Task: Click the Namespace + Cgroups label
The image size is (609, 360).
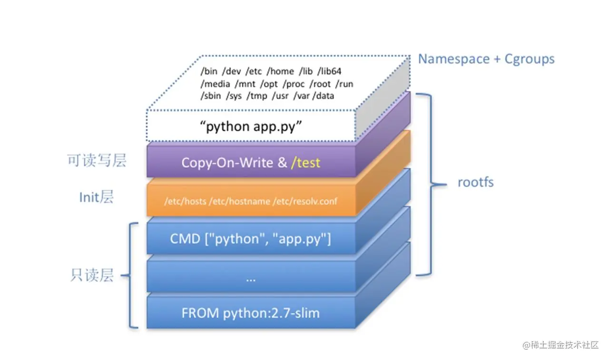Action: (x=486, y=59)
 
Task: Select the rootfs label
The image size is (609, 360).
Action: (x=475, y=182)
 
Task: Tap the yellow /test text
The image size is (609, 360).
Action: (x=305, y=163)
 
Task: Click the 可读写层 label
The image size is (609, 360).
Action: (x=97, y=160)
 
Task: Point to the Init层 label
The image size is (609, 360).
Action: (x=96, y=197)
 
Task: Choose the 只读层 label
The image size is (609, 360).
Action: (x=92, y=275)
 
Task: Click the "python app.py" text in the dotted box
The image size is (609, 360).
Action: (x=251, y=126)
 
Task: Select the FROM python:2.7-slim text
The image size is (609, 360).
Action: (x=250, y=313)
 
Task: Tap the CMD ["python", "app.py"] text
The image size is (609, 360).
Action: (x=250, y=239)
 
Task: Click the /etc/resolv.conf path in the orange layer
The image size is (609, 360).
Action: (x=305, y=201)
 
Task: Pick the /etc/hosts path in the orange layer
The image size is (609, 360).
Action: (x=185, y=201)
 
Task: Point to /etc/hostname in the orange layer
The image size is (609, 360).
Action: (x=239, y=201)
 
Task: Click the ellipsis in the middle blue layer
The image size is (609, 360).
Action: (x=251, y=280)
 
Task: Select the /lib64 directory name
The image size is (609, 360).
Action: (x=330, y=71)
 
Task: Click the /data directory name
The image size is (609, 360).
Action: (x=323, y=96)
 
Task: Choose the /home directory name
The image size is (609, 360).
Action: (x=280, y=71)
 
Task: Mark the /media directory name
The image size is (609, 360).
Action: (x=216, y=84)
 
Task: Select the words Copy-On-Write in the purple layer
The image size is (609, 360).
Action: (x=227, y=163)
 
